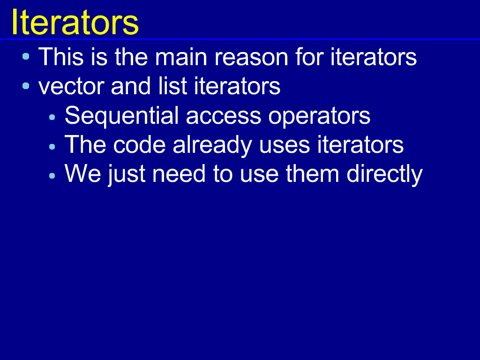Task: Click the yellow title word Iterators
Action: tap(75, 22)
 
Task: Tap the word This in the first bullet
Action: tap(61, 57)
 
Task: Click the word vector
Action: tap(71, 86)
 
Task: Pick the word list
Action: tap(172, 86)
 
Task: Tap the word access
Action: tap(223, 117)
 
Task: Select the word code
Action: tap(139, 144)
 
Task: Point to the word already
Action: tap(212, 146)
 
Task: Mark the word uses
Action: tap(285, 146)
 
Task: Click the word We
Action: tap(82, 173)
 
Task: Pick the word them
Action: tap(312, 173)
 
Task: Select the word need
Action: tap(179, 173)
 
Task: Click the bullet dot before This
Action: tap(26, 56)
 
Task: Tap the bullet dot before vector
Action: tap(26, 86)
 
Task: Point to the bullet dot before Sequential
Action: tap(52, 117)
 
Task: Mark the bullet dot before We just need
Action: tap(52, 176)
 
